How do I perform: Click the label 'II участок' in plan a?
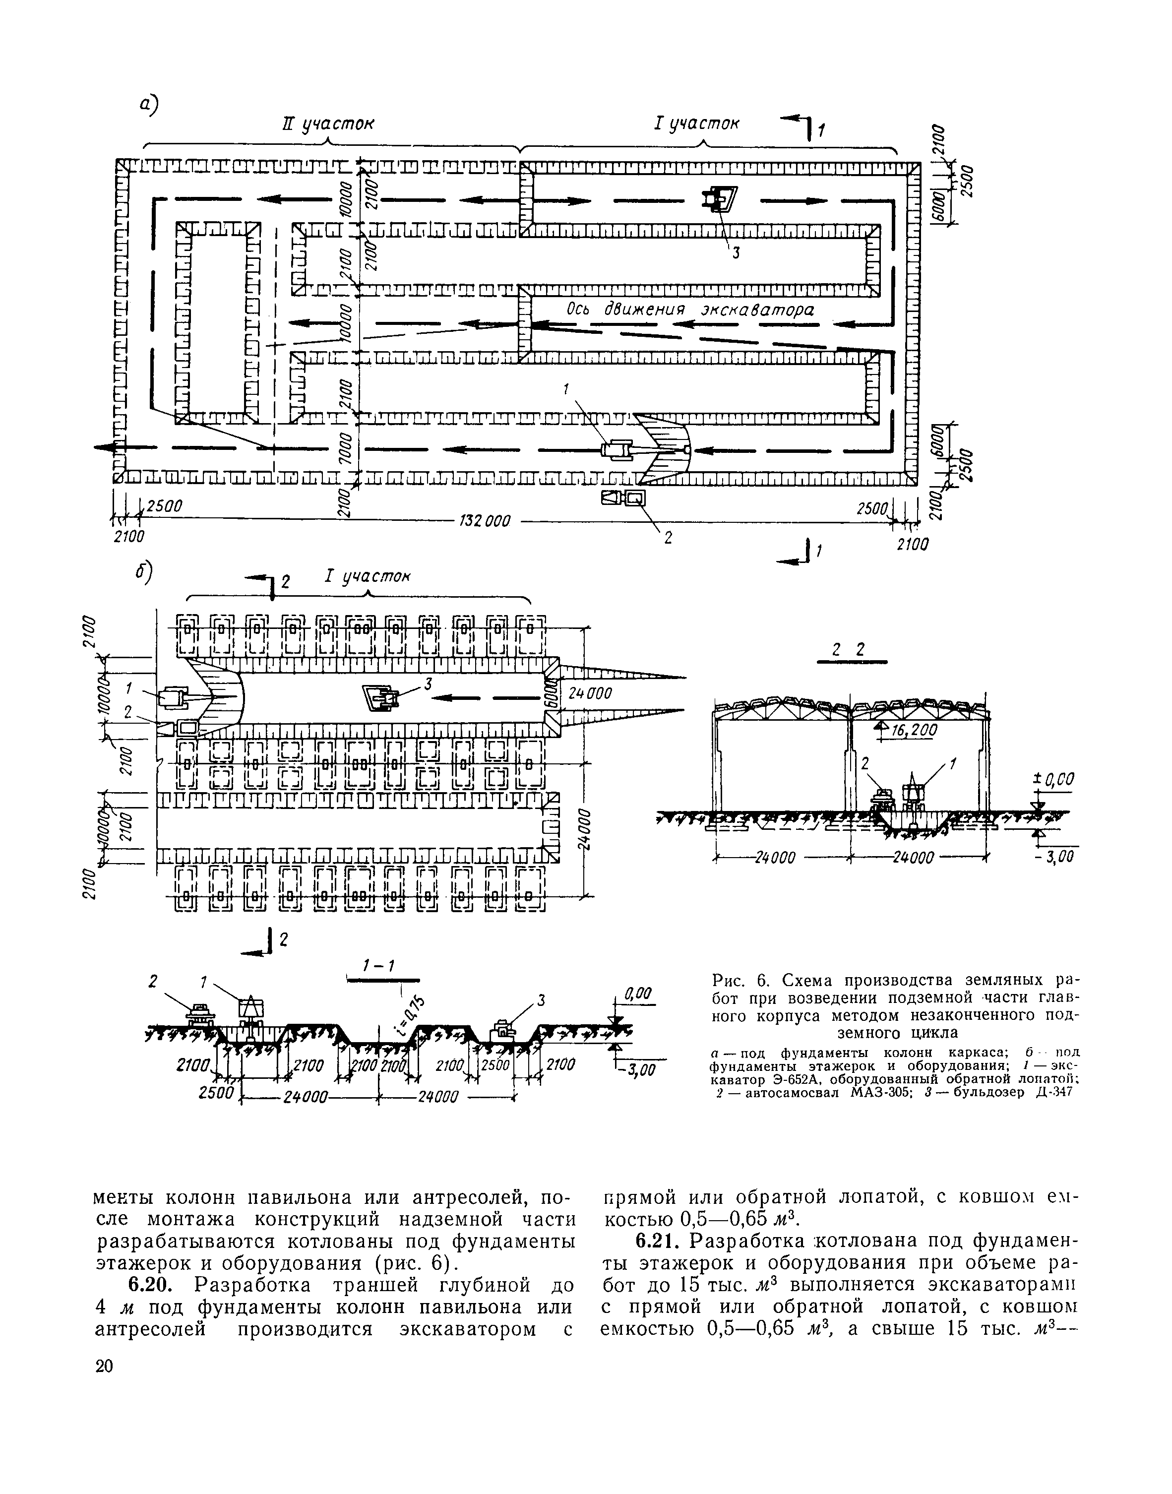pos(329,124)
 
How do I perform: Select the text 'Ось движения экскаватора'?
pos(689,310)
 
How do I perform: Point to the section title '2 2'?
pos(848,651)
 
